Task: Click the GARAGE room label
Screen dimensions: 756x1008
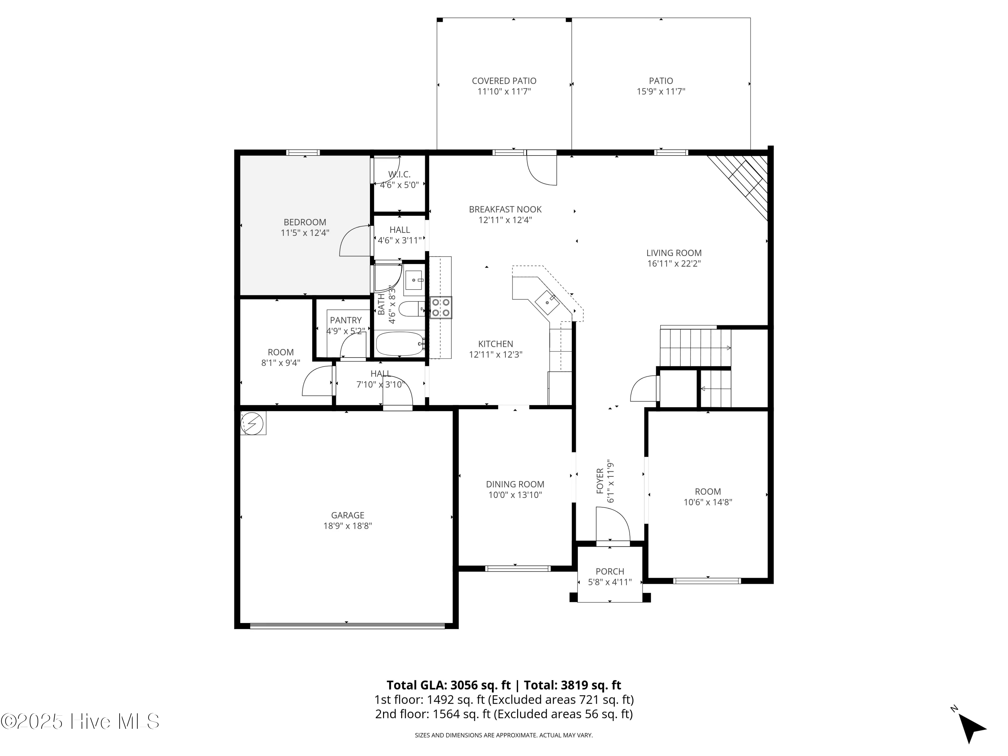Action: coord(348,515)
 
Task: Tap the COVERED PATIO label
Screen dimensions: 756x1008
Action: coord(504,81)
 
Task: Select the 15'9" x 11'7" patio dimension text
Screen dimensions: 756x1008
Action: coord(661,91)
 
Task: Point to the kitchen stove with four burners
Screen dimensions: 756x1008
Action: coord(440,307)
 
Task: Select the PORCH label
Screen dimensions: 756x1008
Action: coord(610,572)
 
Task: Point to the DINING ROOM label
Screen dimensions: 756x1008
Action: coord(515,485)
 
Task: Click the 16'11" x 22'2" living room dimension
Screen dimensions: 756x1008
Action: coord(674,263)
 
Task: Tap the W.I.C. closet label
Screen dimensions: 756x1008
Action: coord(399,174)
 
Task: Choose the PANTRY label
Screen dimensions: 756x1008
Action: coord(346,320)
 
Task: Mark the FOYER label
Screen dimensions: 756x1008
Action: coord(600,481)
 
